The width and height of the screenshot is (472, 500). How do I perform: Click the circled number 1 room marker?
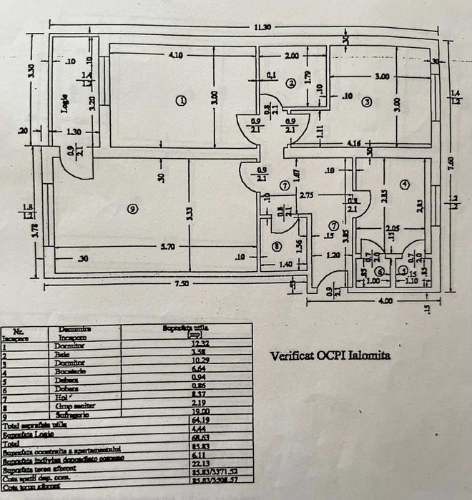pos(181,101)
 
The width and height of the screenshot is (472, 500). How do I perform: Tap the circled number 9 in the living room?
pos(131,208)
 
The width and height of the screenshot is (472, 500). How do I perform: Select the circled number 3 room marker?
pos(366,102)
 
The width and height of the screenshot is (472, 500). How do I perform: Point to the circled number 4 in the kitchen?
pos(405,185)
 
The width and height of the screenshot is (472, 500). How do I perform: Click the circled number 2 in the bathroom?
pos(290,83)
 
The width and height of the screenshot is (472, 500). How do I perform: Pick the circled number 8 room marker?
pos(277,247)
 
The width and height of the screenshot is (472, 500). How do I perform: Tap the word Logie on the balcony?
pos(64,105)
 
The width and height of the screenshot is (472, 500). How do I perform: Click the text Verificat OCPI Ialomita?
pos(330,355)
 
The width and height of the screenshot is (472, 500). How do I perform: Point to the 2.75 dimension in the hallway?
pos(308,194)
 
